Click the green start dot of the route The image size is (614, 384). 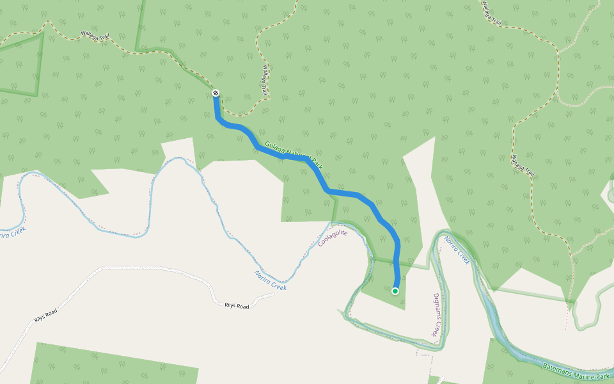point(395,291)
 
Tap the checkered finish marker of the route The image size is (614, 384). point(216,93)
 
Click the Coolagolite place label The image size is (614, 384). point(333,238)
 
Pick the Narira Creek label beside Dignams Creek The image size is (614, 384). point(457,250)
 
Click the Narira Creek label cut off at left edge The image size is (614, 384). point(11,234)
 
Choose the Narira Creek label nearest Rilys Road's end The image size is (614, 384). point(271,280)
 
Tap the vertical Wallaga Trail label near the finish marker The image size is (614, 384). point(266,81)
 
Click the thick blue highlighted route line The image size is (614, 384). point(345,193)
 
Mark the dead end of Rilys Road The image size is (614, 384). point(274,296)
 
